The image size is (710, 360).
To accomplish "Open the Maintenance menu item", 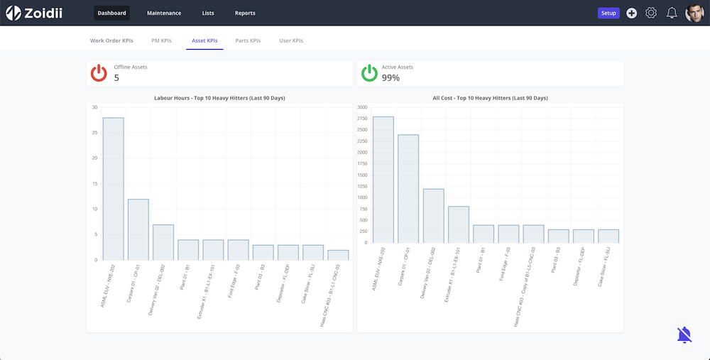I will tap(163, 13).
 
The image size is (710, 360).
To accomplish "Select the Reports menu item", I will tap(245, 13).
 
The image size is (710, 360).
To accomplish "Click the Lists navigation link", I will tap(208, 13).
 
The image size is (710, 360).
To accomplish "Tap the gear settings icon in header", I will tap(651, 13).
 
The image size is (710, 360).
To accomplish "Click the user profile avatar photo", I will tap(694, 13).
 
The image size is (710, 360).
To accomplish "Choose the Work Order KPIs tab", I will tap(111, 40).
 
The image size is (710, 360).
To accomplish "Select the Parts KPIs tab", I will tap(248, 40).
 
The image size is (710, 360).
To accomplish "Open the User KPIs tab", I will tap(291, 40).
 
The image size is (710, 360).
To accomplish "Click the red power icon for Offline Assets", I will tap(99, 73).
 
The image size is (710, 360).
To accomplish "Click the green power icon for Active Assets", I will tap(369, 73).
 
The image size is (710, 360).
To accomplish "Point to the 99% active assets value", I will tap(390, 77).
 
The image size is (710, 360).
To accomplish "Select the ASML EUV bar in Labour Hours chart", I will tap(113, 189).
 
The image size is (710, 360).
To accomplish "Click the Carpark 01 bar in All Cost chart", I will tap(408, 189).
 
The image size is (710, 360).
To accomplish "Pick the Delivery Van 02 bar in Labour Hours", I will tap(163, 242).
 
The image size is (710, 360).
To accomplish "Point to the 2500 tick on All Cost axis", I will tap(362, 130).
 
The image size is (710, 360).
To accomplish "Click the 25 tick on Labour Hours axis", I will tap(94, 133).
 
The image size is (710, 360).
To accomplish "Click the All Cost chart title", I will tap(490, 98).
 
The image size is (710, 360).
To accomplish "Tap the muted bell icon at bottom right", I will tap(684, 335).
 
